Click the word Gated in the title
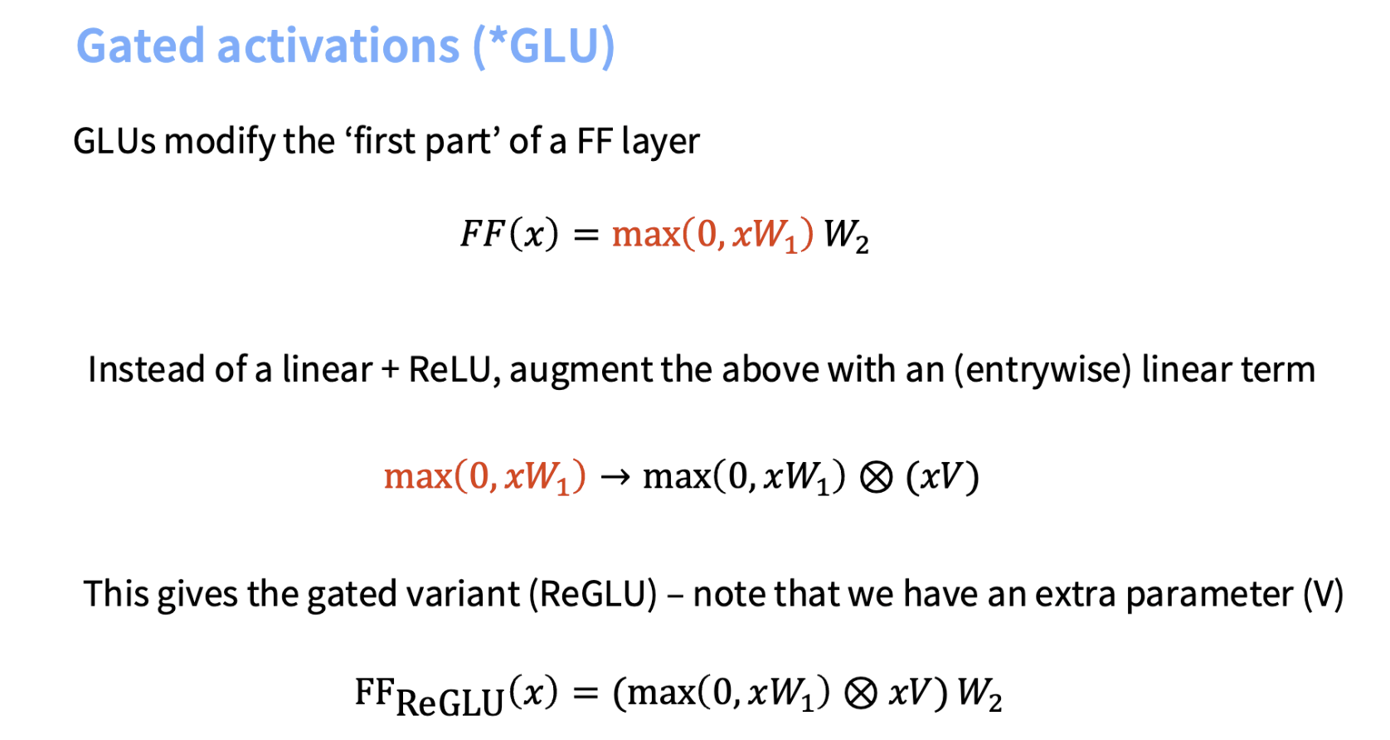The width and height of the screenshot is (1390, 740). point(140,46)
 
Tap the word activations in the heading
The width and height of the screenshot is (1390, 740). point(338,46)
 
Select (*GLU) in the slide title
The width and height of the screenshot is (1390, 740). point(543,46)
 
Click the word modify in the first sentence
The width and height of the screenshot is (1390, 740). point(218,142)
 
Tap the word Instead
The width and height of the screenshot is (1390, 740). point(146,369)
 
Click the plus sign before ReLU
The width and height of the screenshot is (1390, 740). point(390,371)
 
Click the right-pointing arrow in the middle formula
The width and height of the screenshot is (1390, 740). point(615,477)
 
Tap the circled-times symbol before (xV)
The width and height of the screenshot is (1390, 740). point(876,478)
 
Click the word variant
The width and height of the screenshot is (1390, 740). point(463,594)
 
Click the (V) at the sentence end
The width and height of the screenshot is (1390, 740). point(1324,594)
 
